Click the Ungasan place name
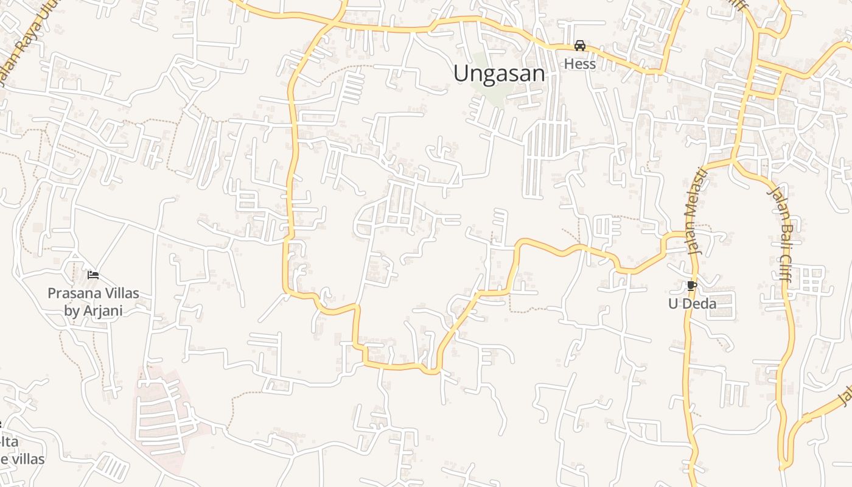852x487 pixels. pyautogui.click(x=499, y=74)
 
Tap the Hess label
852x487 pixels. pyautogui.click(x=579, y=64)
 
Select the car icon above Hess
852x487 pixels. pyautogui.click(x=580, y=46)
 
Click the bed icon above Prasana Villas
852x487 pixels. pyautogui.click(x=93, y=275)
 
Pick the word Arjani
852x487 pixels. pyautogui.click(x=102, y=310)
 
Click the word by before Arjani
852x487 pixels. pyautogui.click(x=72, y=310)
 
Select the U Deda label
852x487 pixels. pyautogui.click(x=692, y=303)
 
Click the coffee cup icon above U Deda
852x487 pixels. pyautogui.click(x=691, y=286)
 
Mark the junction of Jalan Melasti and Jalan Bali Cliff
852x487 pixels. pyautogui.click(x=733, y=161)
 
